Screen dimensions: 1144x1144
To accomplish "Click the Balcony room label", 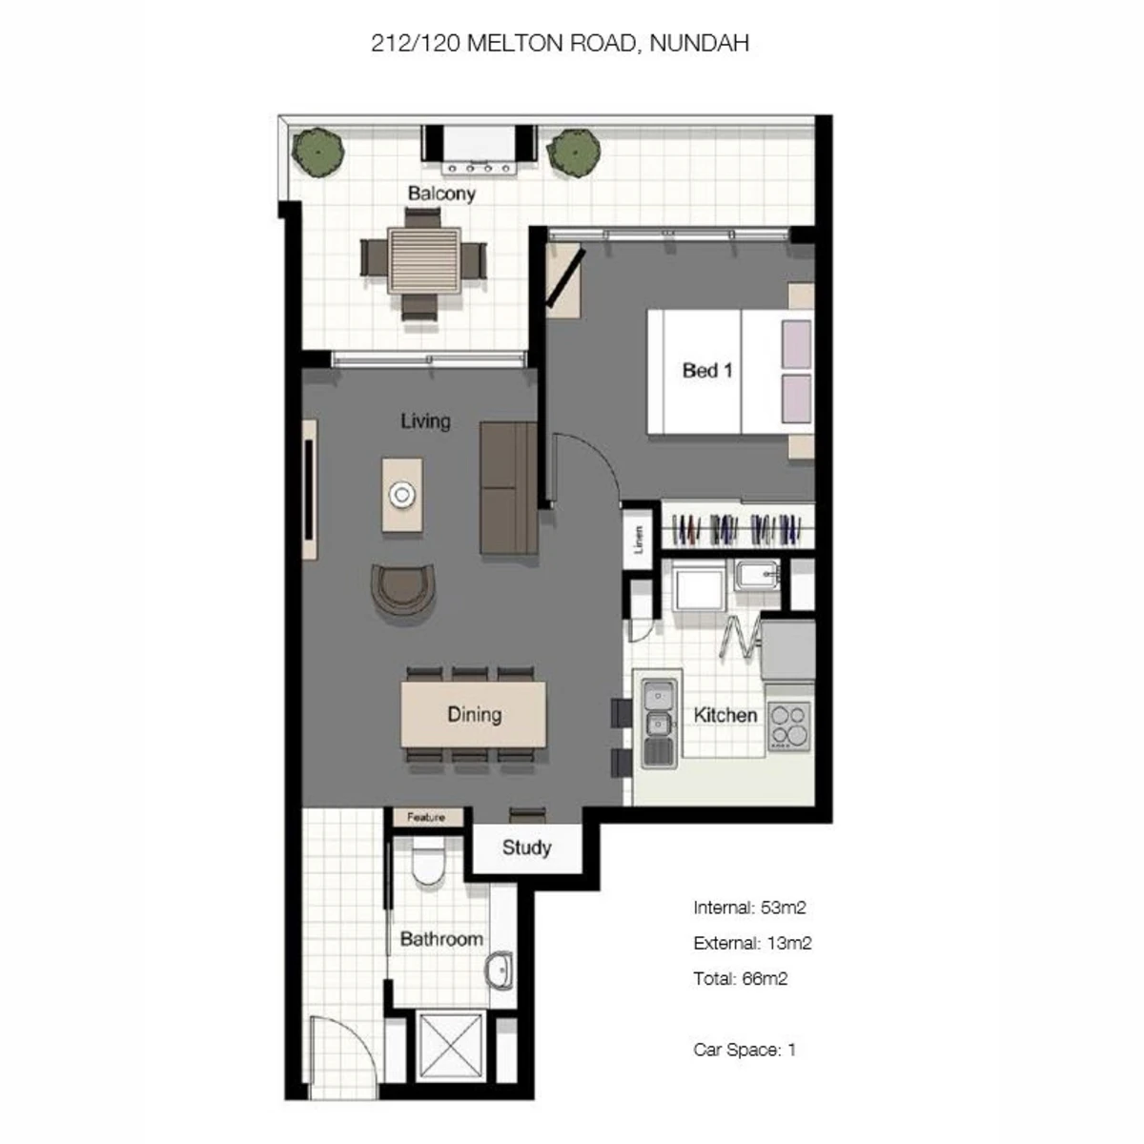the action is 441,194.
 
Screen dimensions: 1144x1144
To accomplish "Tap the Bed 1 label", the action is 707,371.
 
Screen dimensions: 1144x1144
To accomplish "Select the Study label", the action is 526,848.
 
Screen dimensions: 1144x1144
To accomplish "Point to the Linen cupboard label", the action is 638,540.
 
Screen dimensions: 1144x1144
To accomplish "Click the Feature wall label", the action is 426,817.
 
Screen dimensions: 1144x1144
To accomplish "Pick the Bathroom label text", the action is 441,939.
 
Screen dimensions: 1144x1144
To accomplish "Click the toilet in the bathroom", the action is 427,862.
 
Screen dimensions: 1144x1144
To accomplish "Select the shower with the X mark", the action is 450,1044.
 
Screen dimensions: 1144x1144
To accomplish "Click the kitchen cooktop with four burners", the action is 789,726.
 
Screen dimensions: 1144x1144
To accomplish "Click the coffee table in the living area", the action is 402,495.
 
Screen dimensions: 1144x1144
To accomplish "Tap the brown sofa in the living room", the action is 508,488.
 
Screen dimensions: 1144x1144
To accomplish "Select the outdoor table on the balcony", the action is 424,260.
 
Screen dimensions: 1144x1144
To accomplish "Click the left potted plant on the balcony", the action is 318,153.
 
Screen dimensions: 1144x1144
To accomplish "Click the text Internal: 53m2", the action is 749,908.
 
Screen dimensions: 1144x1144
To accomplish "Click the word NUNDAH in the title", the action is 700,43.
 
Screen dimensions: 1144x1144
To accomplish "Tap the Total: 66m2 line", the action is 741,978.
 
